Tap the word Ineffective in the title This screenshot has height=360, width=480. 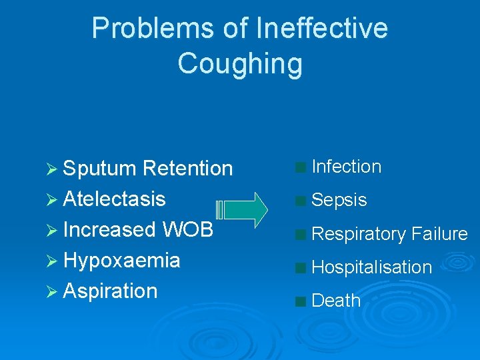click(x=321, y=29)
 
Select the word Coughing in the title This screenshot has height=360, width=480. click(x=240, y=63)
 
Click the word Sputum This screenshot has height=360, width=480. click(x=100, y=169)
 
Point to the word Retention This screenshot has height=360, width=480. click(x=188, y=169)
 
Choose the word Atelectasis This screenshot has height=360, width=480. click(x=114, y=199)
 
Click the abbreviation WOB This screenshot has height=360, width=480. click(x=187, y=229)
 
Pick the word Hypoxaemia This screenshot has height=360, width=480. click(x=121, y=260)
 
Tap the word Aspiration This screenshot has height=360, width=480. click(x=110, y=291)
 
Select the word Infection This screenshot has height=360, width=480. click(x=347, y=167)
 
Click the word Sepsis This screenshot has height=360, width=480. click(x=339, y=200)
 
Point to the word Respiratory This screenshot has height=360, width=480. click(x=359, y=234)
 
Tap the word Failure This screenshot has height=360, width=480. click(x=440, y=234)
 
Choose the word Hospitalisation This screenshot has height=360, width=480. click(x=372, y=267)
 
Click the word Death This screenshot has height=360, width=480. click(x=336, y=301)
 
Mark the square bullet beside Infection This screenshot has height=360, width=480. click(x=301, y=167)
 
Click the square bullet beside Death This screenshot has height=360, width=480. click(x=301, y=301)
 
